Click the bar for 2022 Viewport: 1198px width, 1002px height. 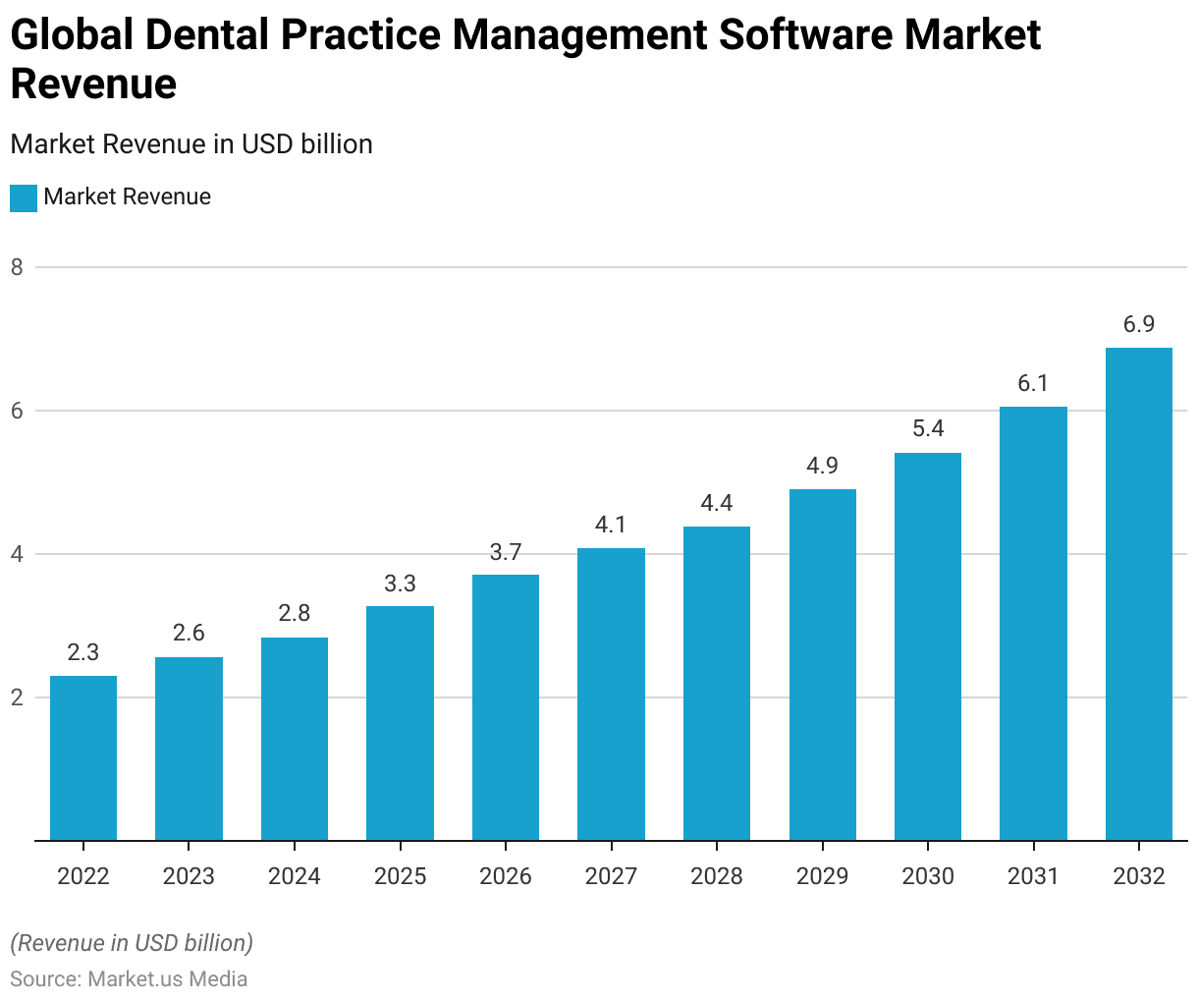click(83, 757)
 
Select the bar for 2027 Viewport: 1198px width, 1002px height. click(611, 694)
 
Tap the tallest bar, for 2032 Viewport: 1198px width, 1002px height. click(1138, 593)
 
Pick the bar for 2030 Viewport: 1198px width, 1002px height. click(927, 646)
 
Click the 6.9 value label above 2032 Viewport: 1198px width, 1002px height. click(1138, 325)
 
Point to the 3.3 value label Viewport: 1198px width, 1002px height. click(400, 584)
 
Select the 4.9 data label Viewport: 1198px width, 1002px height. click(822, 466)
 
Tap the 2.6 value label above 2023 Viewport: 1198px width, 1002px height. click(189, 633)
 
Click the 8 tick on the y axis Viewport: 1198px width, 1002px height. click(17, 267)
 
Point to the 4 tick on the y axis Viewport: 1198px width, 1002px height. click(17, 554)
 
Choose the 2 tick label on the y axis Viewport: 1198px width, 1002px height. click(17, 697)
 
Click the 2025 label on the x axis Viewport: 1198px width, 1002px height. click(400, 876)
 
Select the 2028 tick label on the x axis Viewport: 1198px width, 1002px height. click(717, 876)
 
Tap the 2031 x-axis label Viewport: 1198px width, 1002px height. click(1033, 876)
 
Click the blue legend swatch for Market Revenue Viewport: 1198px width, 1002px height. click(24, 197)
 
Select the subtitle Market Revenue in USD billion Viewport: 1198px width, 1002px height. click(191, 144)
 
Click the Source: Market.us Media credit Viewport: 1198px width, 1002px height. click(129, 979)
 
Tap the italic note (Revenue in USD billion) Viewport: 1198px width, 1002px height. click(132, 943)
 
